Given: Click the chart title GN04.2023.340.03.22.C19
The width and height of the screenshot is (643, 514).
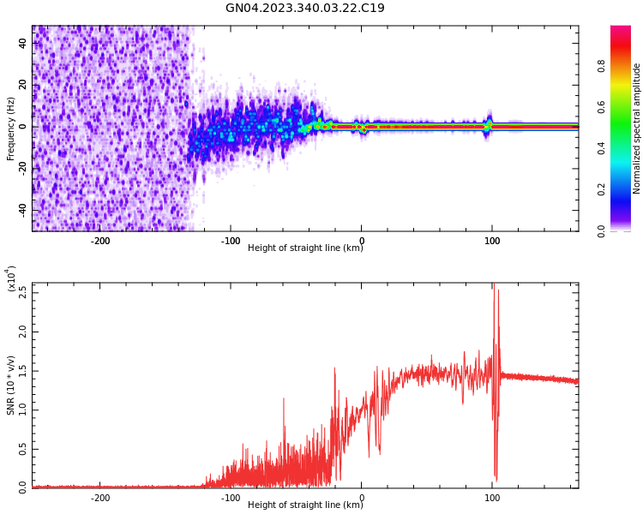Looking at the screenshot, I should click(x=305, y=9).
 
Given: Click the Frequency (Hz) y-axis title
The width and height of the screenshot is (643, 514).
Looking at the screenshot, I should click(x=11, y=128).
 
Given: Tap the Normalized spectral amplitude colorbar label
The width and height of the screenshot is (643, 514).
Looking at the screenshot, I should click(x=637, y=128).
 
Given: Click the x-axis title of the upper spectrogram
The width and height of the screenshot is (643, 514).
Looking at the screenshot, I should click(x=305, y=248).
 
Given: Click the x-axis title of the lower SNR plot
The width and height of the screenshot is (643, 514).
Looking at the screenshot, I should click(x=305, y=505).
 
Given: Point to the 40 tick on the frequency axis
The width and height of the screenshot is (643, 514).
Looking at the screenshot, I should click(x=23, y=43).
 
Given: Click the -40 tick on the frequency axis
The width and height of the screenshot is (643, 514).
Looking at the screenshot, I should click(x=21, y=210).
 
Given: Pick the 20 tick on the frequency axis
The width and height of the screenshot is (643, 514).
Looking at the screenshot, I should click(x=23, y=85).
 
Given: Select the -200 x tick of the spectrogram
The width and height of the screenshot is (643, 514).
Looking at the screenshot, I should click(x=99, y=241).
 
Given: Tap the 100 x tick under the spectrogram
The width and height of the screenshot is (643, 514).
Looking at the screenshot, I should click(x=492, y=241).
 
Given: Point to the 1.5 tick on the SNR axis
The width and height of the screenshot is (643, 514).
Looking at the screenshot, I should click(x=21, y=370).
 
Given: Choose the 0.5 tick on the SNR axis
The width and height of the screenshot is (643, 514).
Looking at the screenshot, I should click(x=21, y=449).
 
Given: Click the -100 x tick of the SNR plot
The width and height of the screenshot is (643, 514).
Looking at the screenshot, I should click(x=230, y=498).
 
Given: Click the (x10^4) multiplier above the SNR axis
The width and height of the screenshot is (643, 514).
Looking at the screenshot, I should click(x=12, y=278).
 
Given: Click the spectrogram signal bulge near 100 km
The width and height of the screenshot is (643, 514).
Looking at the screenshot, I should click(x=489, y=123).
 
